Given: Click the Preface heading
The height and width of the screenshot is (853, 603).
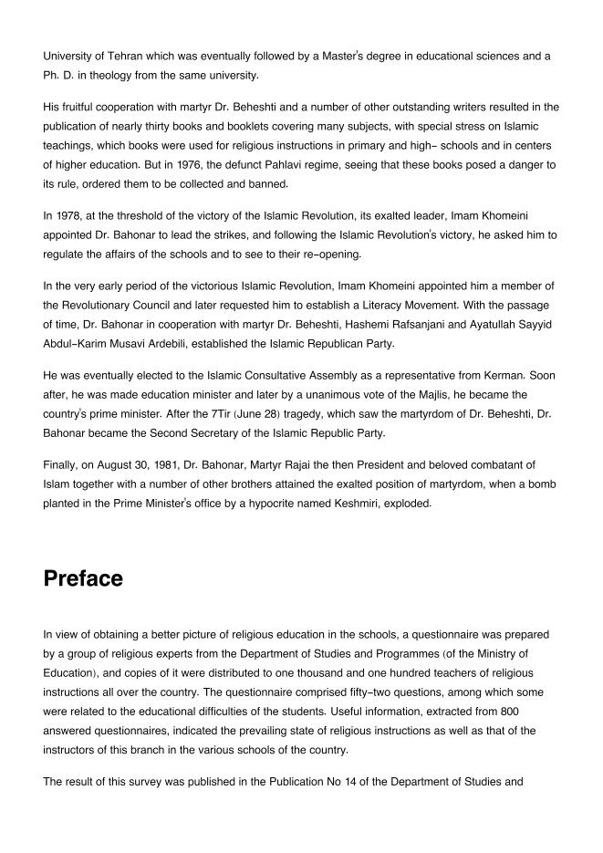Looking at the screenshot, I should pyautogui.click(x=83, y=578).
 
